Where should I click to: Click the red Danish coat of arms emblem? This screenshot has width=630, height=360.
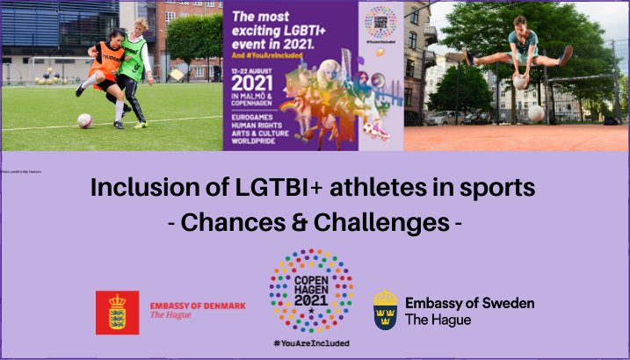pyautogui.click(x=118, y=312)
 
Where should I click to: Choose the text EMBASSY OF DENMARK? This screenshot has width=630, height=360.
pyautogui.click(x=197, y=305)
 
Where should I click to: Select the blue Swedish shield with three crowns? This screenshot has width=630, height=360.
pyautogui.click(x=385, y=309)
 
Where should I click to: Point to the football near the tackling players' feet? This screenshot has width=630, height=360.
pyautogui.click(x=84, y=120)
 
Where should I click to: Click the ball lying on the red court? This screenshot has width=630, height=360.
pyautogui.click(x=535, y=113)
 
